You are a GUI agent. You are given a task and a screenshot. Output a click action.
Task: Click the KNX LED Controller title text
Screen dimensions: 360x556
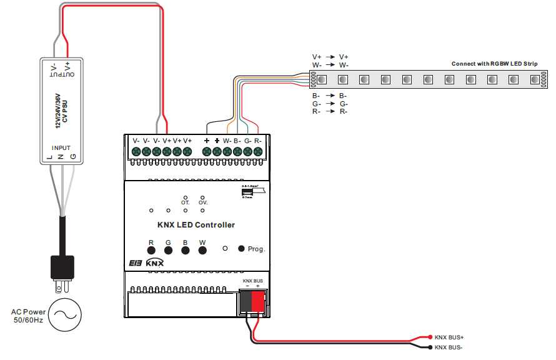tap(196, 225)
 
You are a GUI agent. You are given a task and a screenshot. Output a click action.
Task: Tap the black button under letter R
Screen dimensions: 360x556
tap(151, 251)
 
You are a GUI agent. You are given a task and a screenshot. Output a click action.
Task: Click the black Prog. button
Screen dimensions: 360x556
tap(241, 249)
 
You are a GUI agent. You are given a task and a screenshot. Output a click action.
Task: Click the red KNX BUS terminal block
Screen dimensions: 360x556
tap(257, 302)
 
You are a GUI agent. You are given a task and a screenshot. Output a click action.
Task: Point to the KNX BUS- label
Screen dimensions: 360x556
tap(449, 347)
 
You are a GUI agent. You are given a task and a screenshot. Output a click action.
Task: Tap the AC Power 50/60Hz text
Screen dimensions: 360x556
tap(28, 316)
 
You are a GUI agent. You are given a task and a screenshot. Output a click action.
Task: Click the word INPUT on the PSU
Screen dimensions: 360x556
tap(61, 148)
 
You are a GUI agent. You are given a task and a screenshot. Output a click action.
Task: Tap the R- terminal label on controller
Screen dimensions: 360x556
tap(258, 141)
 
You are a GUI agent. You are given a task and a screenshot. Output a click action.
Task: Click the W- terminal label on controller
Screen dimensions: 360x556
tap(227, 141)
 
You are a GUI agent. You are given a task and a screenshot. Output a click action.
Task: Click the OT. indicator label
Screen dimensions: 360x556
tap(186, 203)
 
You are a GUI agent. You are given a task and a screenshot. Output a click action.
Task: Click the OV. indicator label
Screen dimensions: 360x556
tap(203, 203)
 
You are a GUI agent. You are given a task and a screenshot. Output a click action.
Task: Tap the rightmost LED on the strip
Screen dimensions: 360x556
tap(534, 80)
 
